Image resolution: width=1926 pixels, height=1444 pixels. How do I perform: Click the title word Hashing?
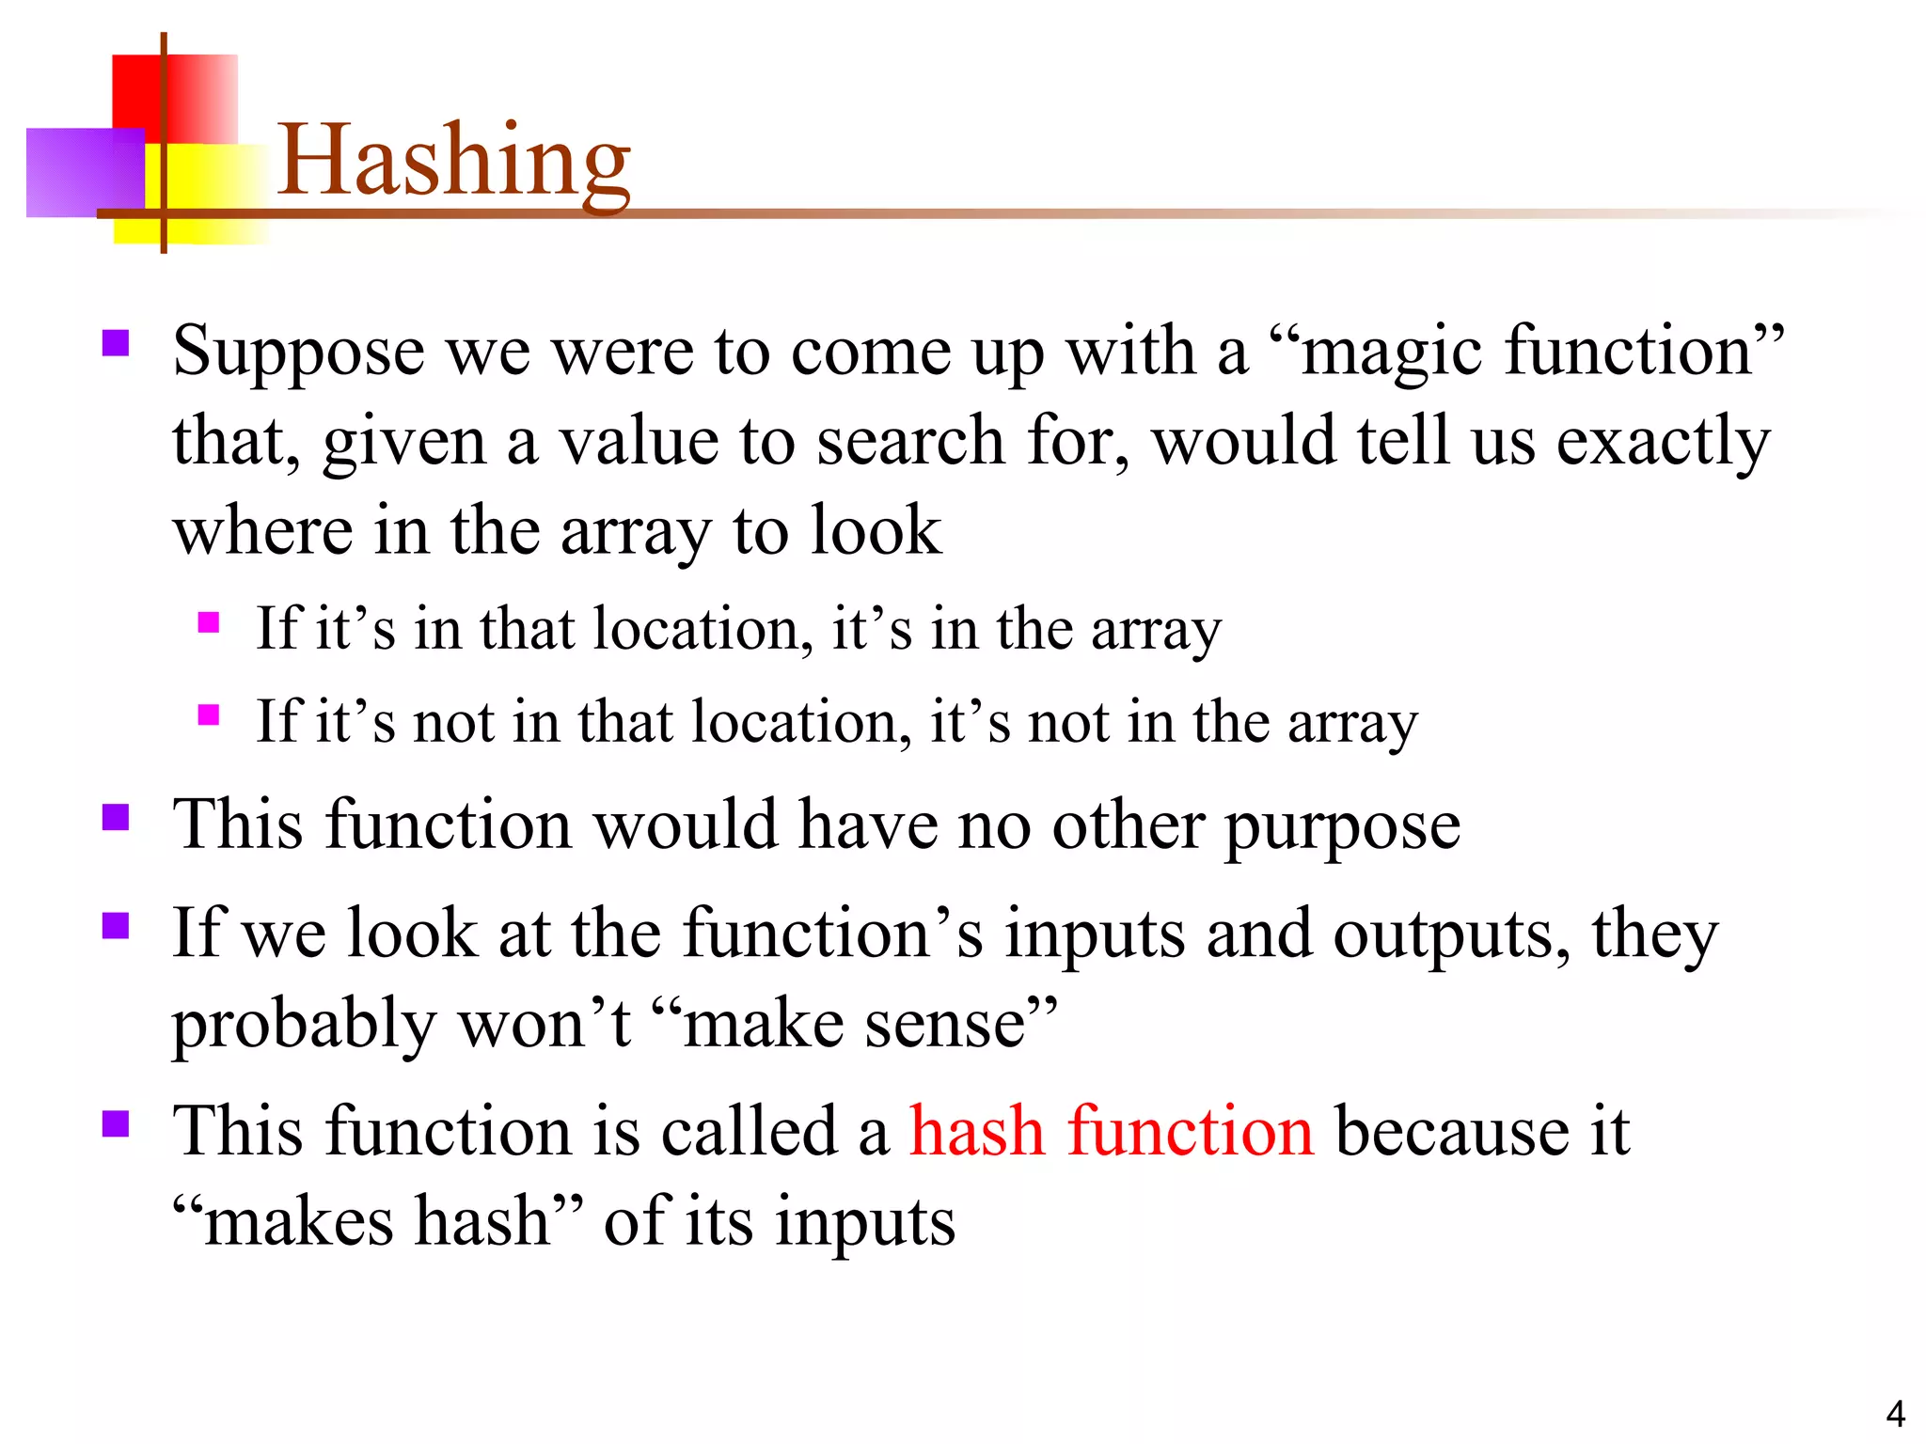tap(453, 162)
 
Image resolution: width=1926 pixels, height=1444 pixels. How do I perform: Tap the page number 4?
tap(1895, 1414)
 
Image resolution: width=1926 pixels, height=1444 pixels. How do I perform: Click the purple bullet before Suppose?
tap(115, 342)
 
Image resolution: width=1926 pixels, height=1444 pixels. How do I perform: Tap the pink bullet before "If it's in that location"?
tap(209, 622)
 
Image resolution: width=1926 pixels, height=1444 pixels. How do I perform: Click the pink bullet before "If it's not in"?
tap(209, 715)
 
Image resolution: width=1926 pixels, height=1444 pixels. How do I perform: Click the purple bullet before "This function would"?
tap(115, 817)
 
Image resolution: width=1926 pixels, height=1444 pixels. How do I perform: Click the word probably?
tap(304, 1025)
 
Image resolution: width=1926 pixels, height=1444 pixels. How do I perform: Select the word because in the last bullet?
tap(1452, 1131)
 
